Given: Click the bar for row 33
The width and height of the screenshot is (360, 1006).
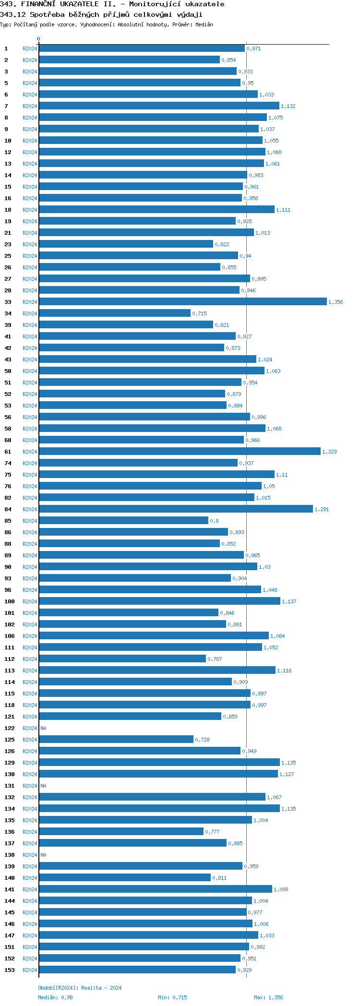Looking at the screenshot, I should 182,301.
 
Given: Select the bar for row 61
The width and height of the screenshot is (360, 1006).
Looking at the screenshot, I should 180,451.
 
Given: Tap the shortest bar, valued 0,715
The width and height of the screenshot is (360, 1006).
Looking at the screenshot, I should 115,313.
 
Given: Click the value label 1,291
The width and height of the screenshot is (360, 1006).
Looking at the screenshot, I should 322,509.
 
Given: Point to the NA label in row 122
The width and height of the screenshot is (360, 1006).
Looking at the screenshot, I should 43,728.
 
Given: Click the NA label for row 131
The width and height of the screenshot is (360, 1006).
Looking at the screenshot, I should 43,786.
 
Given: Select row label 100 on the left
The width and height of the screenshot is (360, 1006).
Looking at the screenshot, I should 10,601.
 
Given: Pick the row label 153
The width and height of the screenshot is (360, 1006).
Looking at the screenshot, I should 10,970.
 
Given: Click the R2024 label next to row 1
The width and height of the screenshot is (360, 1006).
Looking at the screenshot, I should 30,48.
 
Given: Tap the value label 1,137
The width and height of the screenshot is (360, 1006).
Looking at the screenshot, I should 289,601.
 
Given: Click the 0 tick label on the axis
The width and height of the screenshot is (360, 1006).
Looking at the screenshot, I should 39,39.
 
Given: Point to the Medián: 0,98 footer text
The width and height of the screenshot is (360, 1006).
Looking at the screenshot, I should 55,997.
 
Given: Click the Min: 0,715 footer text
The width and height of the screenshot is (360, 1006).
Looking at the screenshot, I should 172,997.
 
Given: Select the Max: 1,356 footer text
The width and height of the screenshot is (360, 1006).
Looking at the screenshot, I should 268,997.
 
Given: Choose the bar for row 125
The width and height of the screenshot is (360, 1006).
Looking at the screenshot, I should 116,739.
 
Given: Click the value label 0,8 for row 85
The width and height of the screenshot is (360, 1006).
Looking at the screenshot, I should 214,521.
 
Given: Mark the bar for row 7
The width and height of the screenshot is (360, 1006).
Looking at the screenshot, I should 159,106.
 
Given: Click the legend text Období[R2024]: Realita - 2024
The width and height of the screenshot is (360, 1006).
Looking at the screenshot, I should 80,988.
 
